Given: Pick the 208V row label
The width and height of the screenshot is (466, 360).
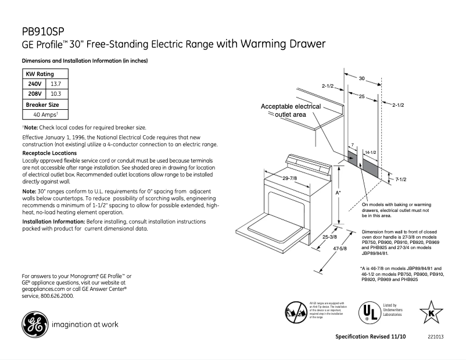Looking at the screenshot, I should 35,93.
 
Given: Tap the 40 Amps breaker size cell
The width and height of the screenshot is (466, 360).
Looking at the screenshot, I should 45,114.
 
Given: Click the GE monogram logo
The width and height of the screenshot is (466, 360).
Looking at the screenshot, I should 34,324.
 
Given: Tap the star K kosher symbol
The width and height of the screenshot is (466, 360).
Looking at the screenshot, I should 432,312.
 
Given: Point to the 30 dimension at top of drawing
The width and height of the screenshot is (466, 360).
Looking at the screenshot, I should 361,78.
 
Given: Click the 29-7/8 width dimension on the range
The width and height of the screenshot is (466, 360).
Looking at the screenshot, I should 290,178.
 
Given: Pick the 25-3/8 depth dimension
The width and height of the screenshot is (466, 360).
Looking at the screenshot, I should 329,237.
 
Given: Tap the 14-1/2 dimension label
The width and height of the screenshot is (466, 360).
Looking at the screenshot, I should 370,152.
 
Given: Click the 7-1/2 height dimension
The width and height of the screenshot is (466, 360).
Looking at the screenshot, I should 400,179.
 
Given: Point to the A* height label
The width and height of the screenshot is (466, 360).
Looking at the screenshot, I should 338,192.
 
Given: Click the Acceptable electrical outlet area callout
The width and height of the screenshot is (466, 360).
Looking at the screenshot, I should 291,111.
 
